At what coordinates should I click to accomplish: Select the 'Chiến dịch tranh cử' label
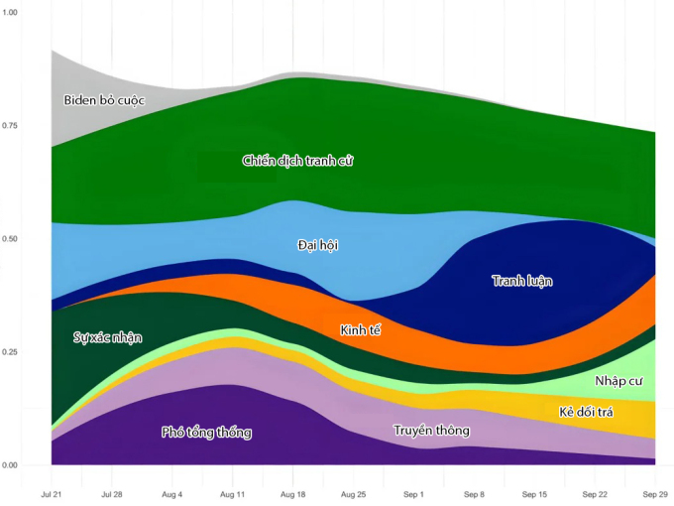click(297, 160)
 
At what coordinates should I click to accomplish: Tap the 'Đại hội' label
click(318, 244)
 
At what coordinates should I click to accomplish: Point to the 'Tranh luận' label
click(522, 281)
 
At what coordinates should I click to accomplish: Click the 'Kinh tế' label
click(360, 329)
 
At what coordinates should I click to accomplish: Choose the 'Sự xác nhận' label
click(108, 337)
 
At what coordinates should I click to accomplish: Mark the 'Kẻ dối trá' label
click(586, 411)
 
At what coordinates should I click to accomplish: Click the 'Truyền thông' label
click(431, 431)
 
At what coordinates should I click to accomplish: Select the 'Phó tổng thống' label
click(206, 433)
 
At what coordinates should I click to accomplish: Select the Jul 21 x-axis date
click(51, 493)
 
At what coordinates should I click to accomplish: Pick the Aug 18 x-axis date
click(292, 493)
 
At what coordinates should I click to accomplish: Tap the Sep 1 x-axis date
click(413, 493)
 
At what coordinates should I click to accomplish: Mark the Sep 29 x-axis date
click(655, 493)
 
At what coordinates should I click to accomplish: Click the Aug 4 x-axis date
click(171, 493)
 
